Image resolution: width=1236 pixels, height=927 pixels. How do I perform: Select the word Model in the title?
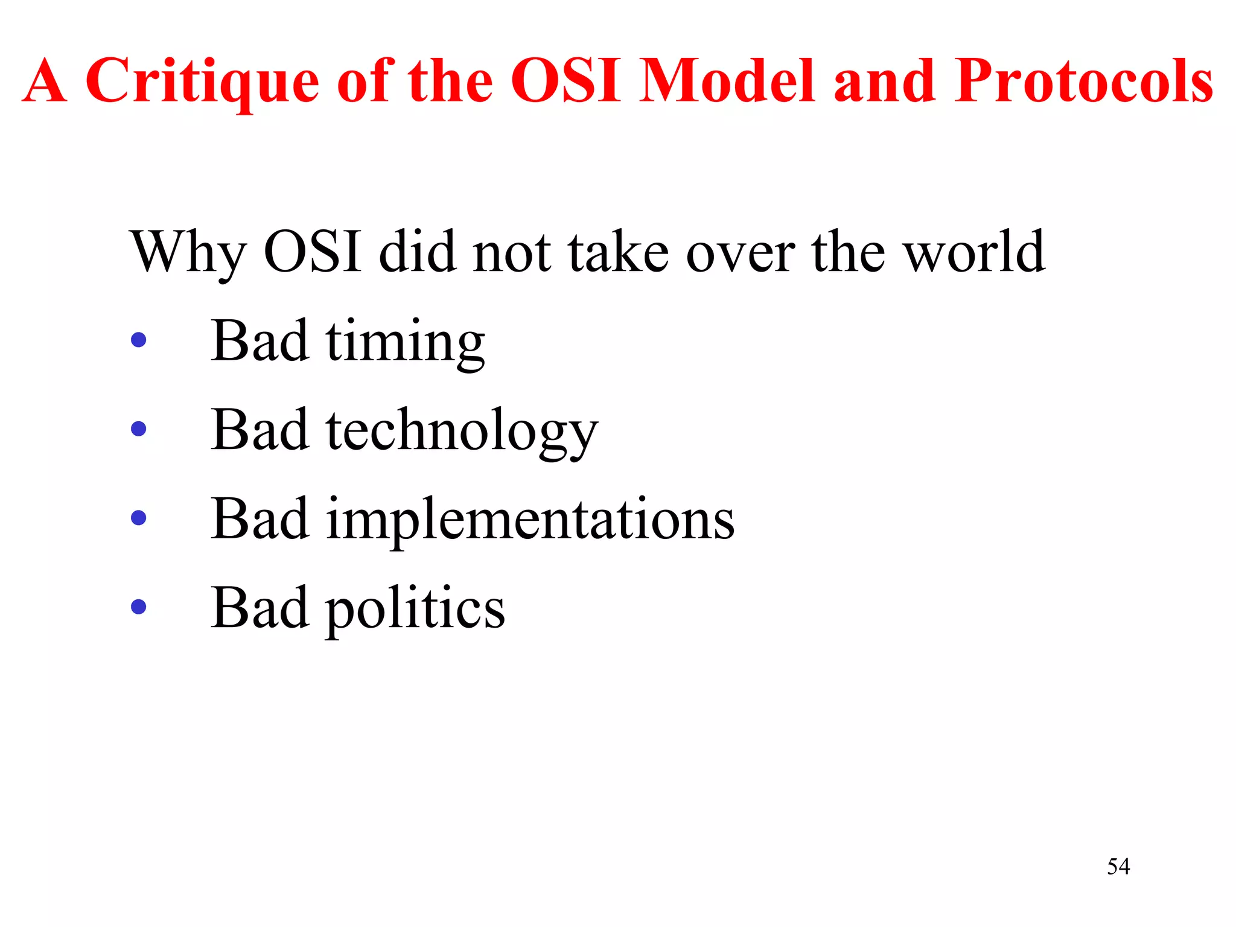tap(727, 81)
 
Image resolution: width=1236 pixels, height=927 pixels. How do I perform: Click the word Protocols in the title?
tap(1083, 81)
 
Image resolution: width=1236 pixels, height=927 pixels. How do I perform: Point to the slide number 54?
tap(1118, 867)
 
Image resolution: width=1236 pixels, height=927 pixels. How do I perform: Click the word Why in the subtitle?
tap(188, 252)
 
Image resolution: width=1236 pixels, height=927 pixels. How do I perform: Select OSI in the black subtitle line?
tap(313, 252)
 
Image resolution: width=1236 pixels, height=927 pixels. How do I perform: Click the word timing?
tap(405, 343)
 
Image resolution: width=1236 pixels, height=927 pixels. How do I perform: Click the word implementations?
tap(530, 520)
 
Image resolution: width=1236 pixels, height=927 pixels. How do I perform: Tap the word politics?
tap(415, 609)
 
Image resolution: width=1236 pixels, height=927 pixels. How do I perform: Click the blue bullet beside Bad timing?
tap(138, 340)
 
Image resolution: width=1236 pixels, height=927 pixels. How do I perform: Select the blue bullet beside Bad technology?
tap(138, 429)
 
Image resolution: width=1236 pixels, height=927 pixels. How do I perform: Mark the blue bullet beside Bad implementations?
tap(138, 518)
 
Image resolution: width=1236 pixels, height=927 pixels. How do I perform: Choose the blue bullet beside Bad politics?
tap(138, 607)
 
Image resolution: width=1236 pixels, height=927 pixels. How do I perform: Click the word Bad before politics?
tap(260, 608)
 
